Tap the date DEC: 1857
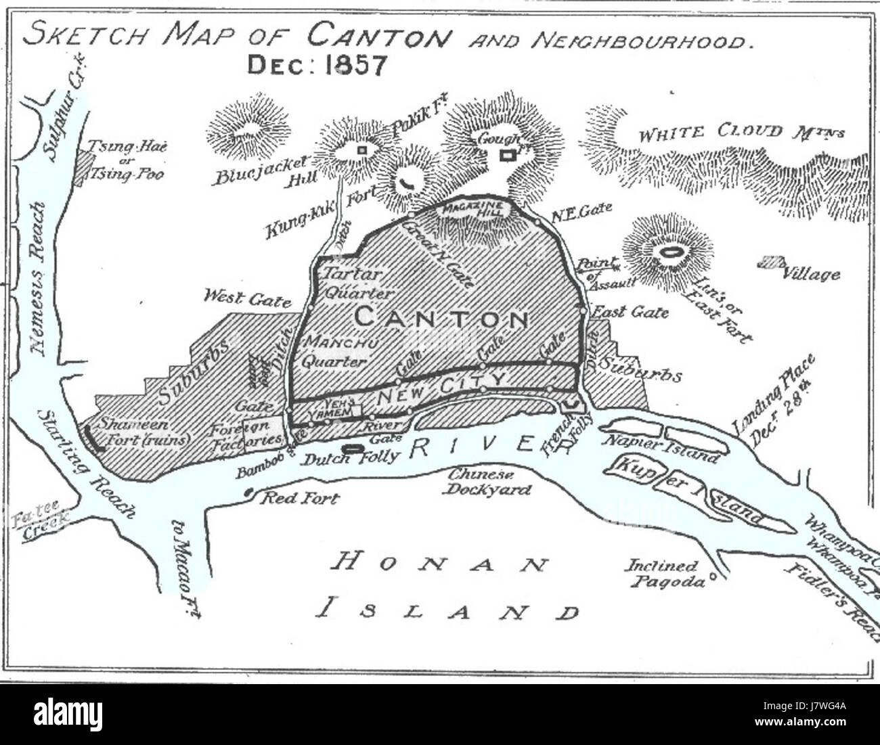click(x=317, y=65)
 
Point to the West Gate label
click(x=248, y=298)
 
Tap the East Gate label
click(x=630, y=312)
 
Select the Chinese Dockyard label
click(x=486, y=481)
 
